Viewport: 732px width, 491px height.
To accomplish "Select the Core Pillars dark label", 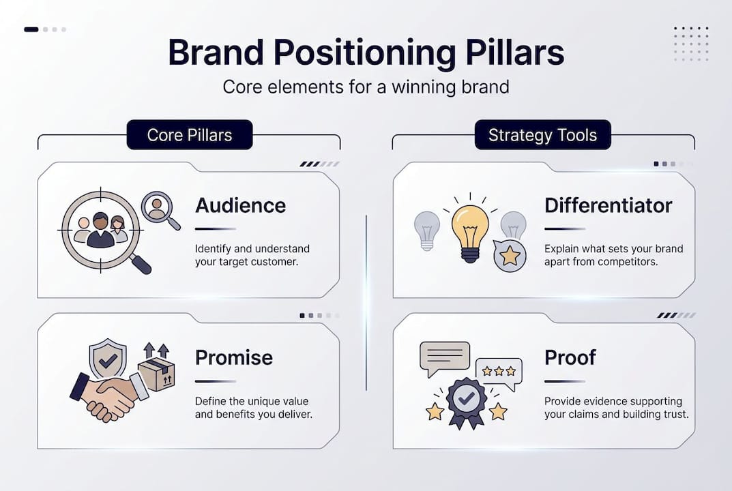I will coord(189,135).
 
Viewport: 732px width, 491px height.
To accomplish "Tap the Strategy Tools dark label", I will coord(542,135).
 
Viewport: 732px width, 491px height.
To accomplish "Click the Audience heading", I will coord(240,205).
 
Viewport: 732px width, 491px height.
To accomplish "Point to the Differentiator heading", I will coord(608,205).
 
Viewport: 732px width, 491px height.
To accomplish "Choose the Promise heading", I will coord(233,357).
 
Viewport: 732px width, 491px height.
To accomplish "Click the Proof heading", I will coord(570,357).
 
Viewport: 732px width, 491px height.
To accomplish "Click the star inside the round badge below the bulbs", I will coord(510,256).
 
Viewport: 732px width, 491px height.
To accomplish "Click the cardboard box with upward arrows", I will coord(156,372).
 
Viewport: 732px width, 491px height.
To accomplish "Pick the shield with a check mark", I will coord(108,359).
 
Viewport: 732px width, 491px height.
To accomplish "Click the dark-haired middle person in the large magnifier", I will coord(101,230).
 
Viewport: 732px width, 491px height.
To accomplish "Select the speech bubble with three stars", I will coord(499,372).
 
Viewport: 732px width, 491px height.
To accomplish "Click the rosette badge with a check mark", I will coord(467,402).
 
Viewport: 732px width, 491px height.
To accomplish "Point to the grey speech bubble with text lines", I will coord(444,357).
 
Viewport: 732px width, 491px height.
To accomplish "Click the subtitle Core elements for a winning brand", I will coord(366,87).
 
